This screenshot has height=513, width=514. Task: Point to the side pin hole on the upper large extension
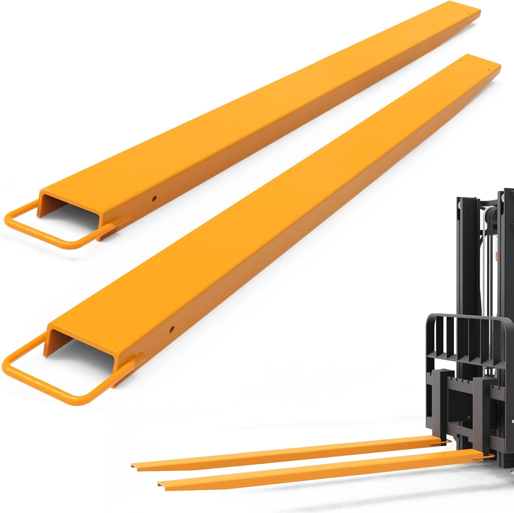click(x=155, y=198)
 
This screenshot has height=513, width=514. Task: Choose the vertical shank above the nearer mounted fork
click(x=487, y=411)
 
